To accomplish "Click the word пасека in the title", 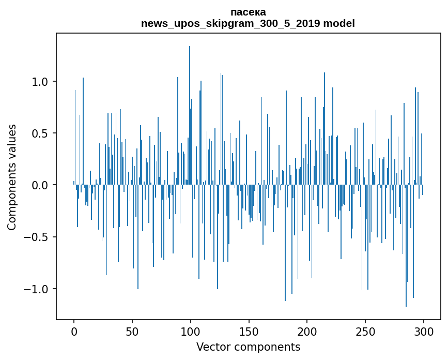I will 248,12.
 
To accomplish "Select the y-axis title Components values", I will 12,177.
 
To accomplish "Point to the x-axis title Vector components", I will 248,347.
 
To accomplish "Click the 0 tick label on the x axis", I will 74,331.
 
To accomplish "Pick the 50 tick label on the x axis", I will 132,331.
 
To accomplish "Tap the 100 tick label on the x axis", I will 191,331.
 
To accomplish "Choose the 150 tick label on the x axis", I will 249,331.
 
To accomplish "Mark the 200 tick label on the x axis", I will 307,331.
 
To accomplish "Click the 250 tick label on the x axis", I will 365,331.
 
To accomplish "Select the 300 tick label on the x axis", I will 424,331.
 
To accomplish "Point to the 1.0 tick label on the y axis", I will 40,82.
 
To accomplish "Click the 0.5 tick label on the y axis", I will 40,133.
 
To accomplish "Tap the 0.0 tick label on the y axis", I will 40,185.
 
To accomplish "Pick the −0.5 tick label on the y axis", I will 36,237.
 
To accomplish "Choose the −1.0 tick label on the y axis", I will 36,289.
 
